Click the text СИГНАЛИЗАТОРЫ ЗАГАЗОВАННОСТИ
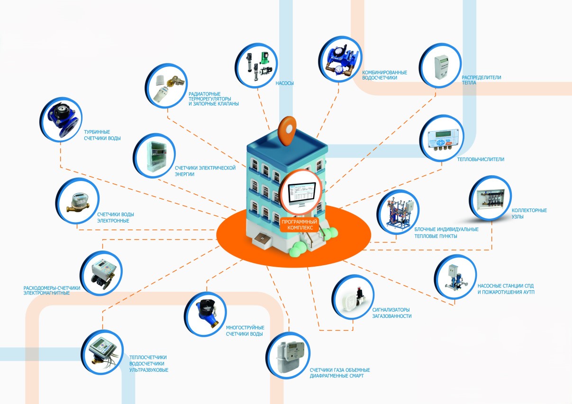(391, 313)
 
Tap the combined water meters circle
(340, 59)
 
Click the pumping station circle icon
(456, 278)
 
